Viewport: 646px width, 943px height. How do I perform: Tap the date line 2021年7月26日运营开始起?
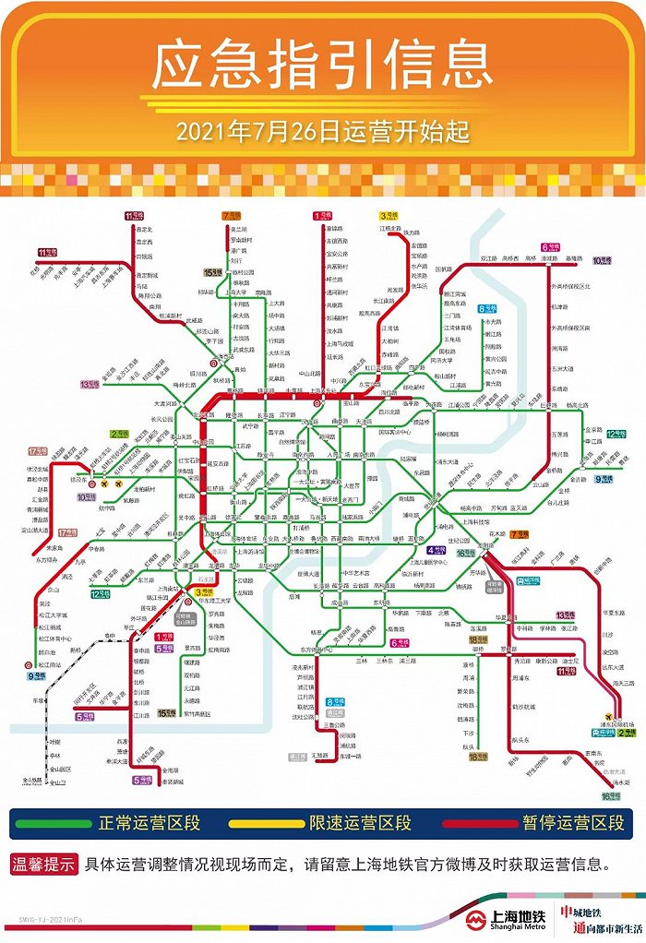coord(322,132)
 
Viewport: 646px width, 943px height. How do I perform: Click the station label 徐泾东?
coord(78,481)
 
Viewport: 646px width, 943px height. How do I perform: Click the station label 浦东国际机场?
coord(608,726)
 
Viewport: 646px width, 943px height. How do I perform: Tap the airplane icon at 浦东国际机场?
coord(609,715)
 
